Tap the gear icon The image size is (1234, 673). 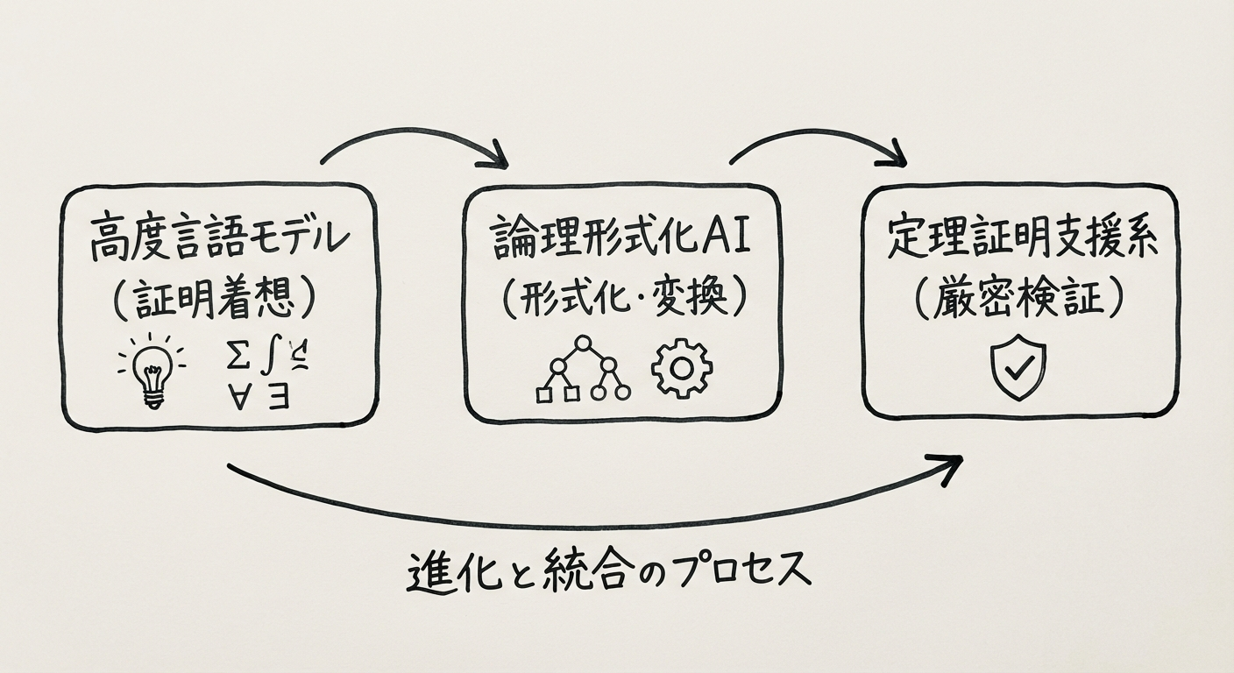coord(682,368)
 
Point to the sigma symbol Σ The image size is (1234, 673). coord(234,358)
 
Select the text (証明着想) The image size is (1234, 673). coord(214,299)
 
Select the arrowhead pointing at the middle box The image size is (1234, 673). coord(497,159)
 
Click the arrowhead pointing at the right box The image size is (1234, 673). coord(895,158)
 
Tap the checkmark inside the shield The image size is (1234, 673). coord(1018,368)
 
